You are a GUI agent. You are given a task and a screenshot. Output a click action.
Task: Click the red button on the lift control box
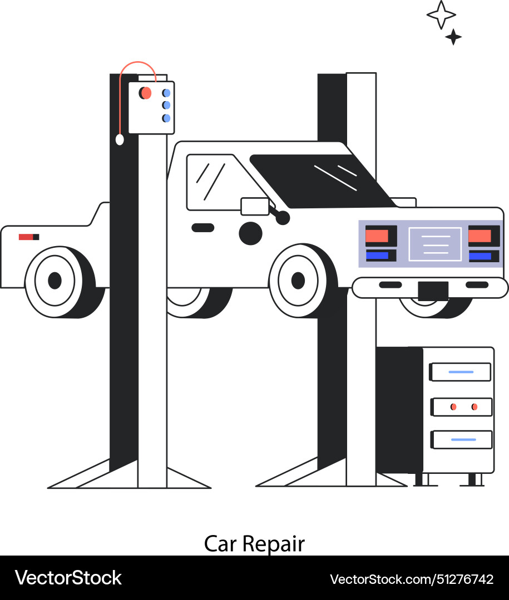(146, 93)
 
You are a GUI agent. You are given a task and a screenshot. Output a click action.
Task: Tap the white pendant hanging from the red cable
(120, 139)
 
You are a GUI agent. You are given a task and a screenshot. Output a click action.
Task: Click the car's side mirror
(255, 206)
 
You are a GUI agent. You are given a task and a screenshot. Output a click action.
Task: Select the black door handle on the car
(202, 227)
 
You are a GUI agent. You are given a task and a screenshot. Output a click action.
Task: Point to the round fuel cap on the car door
(250, 233)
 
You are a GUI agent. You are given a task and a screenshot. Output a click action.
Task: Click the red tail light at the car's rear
(26, 237)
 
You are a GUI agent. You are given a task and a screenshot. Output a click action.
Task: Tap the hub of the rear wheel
(55, 281)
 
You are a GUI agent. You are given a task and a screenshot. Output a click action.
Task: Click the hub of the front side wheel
(298, 281)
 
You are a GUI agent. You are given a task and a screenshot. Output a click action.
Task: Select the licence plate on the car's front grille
(435, 244)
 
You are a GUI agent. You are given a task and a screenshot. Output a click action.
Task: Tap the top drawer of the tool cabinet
(461, 372)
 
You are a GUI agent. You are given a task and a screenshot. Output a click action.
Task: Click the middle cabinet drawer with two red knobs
(462, 407)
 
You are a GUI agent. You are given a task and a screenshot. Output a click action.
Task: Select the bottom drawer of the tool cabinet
(462, 439)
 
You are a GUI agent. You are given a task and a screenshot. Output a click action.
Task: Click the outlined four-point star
(441, 14)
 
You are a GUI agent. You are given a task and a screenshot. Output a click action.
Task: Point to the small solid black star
(453, 37)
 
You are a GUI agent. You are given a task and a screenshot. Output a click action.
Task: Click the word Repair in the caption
(273, 544)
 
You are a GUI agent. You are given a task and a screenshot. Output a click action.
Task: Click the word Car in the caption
(220, 544)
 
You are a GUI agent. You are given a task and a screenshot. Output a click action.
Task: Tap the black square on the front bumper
(433, 291)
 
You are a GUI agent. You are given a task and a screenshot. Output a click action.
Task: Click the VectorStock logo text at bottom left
(68, 578)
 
